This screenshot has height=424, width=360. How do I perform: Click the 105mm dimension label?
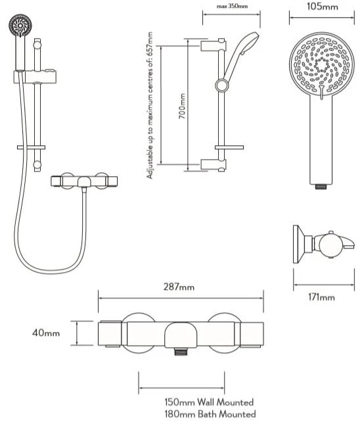pos(322,6)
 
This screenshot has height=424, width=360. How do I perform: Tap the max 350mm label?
pos(232,6)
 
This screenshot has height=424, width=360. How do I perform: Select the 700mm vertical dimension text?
pos(182,106)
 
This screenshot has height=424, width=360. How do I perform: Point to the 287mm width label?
pos(179,287)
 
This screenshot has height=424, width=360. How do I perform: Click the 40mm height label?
pos(46,333)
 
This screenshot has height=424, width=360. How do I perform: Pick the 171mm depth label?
pos(321,297)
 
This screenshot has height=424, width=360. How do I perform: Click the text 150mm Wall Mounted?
pos(209,402)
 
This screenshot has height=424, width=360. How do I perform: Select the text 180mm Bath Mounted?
pos(210,414)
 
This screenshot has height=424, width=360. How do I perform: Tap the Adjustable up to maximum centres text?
pos(150,105)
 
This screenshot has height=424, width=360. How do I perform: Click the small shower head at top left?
pos(20,26)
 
